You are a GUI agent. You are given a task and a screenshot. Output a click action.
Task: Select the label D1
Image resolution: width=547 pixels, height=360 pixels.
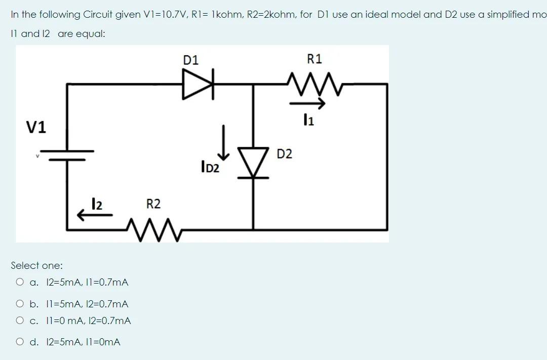(x=191, y=60)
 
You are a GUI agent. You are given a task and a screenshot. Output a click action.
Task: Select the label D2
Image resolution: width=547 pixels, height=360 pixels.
(x=285, y=154)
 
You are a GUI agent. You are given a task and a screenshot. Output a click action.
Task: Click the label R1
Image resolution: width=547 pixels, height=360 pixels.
(x=315, y=59)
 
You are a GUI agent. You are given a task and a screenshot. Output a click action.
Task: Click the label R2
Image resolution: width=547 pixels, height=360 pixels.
(x=153, y=204)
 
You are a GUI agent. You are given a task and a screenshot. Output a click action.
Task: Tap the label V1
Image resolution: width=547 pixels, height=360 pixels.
(x=37, y=128)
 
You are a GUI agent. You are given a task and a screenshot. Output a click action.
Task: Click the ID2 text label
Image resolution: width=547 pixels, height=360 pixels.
(x=210, y=167)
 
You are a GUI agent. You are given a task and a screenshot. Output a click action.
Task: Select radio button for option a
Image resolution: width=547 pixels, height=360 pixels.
(x=20, y=283)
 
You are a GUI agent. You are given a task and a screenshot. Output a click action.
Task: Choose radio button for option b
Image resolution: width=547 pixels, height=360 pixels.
(x=20, y=304)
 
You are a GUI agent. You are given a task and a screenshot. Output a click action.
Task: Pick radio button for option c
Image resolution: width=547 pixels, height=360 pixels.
(x=20, y=321)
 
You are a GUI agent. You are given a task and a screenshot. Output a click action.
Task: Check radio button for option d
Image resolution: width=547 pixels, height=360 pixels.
(x=20, y=342)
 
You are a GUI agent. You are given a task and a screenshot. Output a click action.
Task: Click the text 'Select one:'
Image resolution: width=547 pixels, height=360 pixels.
(x=37, y=265)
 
